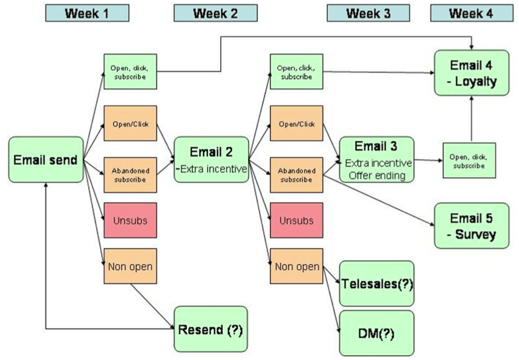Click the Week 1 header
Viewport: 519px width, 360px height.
pos(87,13)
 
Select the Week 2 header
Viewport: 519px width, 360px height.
pos(215,13)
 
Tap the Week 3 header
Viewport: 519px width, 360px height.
pos(367,13)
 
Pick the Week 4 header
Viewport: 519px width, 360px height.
pos(472,13)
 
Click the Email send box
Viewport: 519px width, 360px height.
pos(46,160)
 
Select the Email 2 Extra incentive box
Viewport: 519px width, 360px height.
pos(211,160)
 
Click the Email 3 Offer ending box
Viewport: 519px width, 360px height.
pos(376,160)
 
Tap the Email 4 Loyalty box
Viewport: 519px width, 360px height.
pos(471,73)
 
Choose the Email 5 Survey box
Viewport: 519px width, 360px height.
pos(471,226)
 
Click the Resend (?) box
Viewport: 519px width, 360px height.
pos(211,329)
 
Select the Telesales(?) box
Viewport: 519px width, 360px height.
pos(376,283)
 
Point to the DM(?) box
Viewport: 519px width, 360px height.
pos(376,332)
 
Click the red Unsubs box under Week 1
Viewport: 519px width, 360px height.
pos(130,221)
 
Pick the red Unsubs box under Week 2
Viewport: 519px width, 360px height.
pos(296,221)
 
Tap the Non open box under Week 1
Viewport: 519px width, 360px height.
pos(130,266)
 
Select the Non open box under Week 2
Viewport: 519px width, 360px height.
pos(296,266)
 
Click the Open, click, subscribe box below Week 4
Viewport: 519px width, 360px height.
pos(469,160)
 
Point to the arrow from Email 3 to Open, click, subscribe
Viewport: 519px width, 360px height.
pos(428,160)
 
